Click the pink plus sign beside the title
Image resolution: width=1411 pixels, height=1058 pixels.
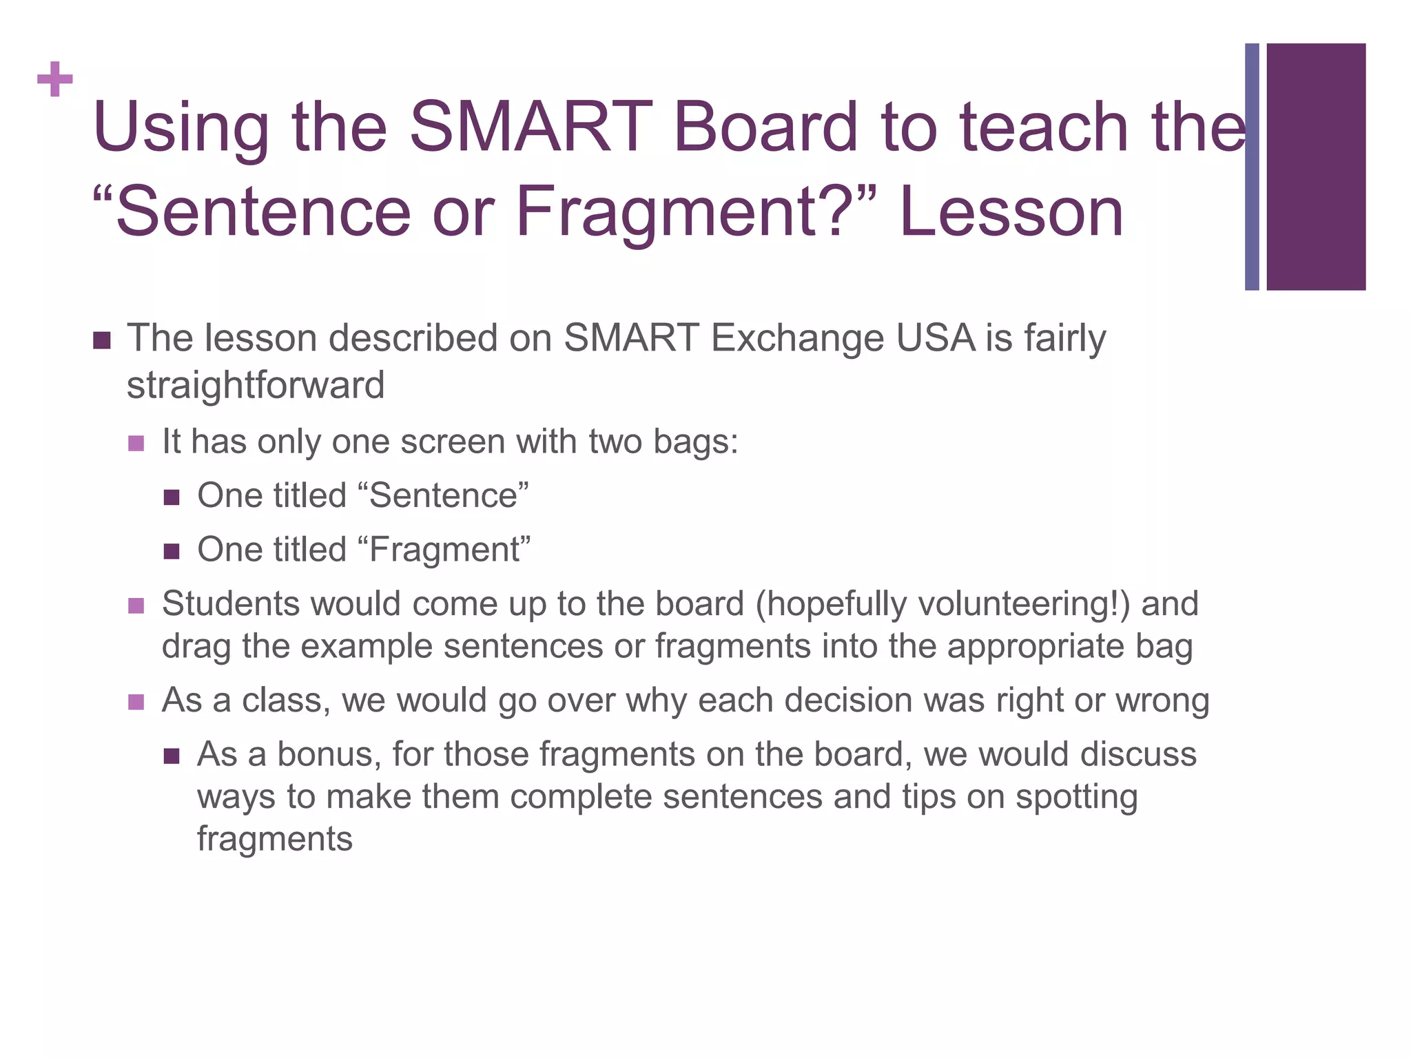pyautogui.click(x=55, y=79)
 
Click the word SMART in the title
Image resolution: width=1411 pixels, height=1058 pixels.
pyautogui.click(x=531, y=127)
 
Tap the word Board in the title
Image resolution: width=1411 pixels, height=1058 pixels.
pyautogui.click(x=765, y=127)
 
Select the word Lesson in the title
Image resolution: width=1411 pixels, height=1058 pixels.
pyautogui.click(x=1011, y=212)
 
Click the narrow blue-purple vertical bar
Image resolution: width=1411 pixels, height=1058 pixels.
pyautogui.click(x=1252, y=167)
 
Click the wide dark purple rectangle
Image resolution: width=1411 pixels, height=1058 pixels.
pyautogui.click(x=1316, y=167)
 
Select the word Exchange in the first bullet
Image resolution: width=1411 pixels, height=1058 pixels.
pyautogui.click(x=798, y=338)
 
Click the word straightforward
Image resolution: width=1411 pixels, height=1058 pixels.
pyautogui.click(x=256, y=385)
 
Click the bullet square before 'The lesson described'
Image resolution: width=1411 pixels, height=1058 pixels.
pyautogui.click(x=102, y=340)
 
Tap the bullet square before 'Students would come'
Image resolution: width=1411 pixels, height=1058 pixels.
pyautogui.click(x=136, y=605)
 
